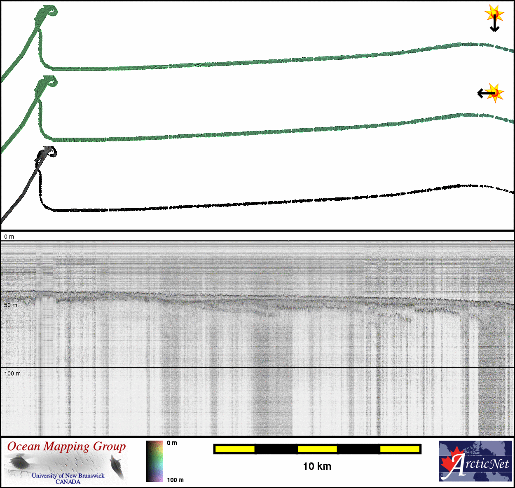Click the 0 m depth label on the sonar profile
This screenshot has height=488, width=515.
click(x=9, y=237)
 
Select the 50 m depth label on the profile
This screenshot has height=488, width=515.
click(x=11, y=305)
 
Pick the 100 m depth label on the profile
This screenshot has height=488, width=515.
click(x=12, y=373)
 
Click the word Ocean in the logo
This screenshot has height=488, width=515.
click(x=24, y=446)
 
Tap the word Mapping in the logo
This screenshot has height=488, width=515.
click(x=67, y=447)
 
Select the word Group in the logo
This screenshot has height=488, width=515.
click(x=109, y=447)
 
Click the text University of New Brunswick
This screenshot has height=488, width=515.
click(x=68, y=475)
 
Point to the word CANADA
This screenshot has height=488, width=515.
click(x=68, y=481)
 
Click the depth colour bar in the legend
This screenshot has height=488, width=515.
click(x=155, y=461)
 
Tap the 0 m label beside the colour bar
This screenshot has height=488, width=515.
click(x=172, y=443)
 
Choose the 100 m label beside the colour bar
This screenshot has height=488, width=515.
click(x=175, y=480)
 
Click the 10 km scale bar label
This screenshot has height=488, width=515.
click(x=317, y=466)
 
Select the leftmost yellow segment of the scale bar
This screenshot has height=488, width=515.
click(x=235, y=449)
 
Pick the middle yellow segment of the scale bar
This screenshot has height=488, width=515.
click(x=317, y=449)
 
